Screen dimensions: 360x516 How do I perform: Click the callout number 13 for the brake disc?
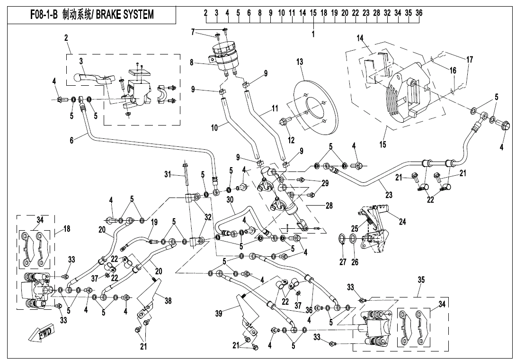300,62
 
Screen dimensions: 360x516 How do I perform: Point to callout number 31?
167,174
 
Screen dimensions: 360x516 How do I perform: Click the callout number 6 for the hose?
71,141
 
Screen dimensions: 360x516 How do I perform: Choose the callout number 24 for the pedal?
402,221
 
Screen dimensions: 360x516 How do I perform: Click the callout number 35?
420,280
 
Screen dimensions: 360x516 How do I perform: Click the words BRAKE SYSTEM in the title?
126,15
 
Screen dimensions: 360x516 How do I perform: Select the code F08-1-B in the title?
41,15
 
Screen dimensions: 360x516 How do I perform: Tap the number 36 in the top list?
419,13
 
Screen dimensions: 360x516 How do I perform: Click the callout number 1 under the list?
313,34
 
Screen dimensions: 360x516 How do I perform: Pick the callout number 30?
230,200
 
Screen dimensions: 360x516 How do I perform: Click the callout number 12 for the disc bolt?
291,140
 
